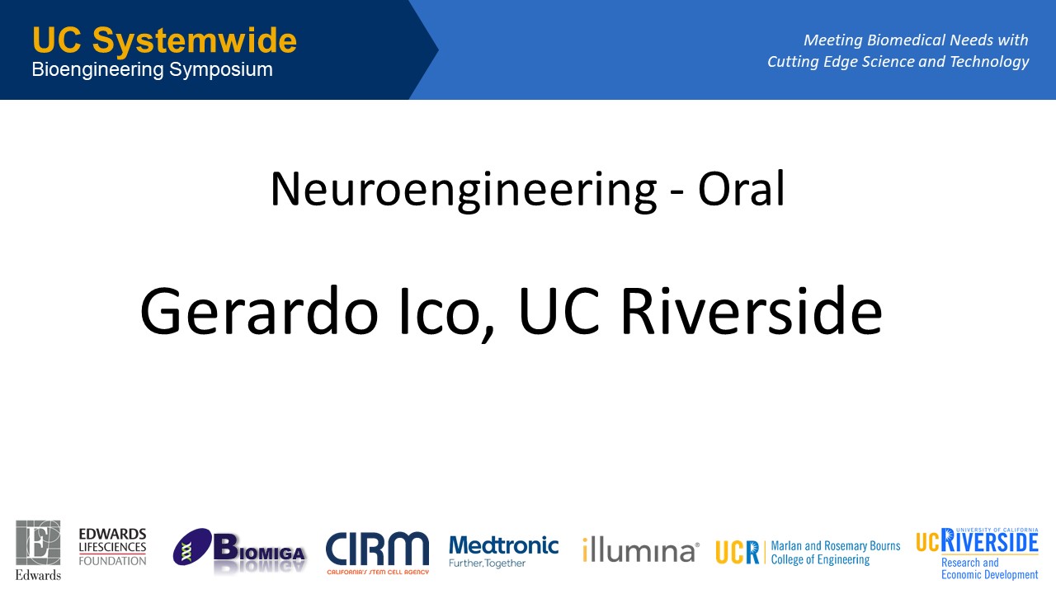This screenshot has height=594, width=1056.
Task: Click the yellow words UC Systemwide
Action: point(164,40)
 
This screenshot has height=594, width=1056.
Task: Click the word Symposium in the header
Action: point(220,70)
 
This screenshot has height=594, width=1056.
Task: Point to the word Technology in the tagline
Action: point(989,62)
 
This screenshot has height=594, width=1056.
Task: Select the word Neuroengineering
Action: point(464,190)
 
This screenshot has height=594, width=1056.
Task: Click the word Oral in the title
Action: point(741,189)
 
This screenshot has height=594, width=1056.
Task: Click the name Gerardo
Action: point(259,312)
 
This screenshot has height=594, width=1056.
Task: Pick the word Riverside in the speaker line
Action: point(751,310)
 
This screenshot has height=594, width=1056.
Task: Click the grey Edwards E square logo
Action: point(38,543)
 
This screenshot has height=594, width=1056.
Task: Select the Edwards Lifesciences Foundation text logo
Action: point(112,547)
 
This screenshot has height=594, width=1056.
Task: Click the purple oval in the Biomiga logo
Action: point(192,547)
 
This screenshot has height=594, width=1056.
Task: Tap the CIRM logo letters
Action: point(377,549)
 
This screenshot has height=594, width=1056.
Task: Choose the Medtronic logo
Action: point(503,551)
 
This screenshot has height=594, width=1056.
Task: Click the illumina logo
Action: point(641,549)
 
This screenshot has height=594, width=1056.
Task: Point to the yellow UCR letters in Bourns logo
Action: point(737,552)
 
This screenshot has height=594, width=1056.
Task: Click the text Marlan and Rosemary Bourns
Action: point(836,546)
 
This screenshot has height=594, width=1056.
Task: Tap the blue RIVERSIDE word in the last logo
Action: point(989,540)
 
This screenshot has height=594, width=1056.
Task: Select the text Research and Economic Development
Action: point(989,568)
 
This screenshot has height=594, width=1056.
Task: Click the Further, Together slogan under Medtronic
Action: point(487,563)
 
